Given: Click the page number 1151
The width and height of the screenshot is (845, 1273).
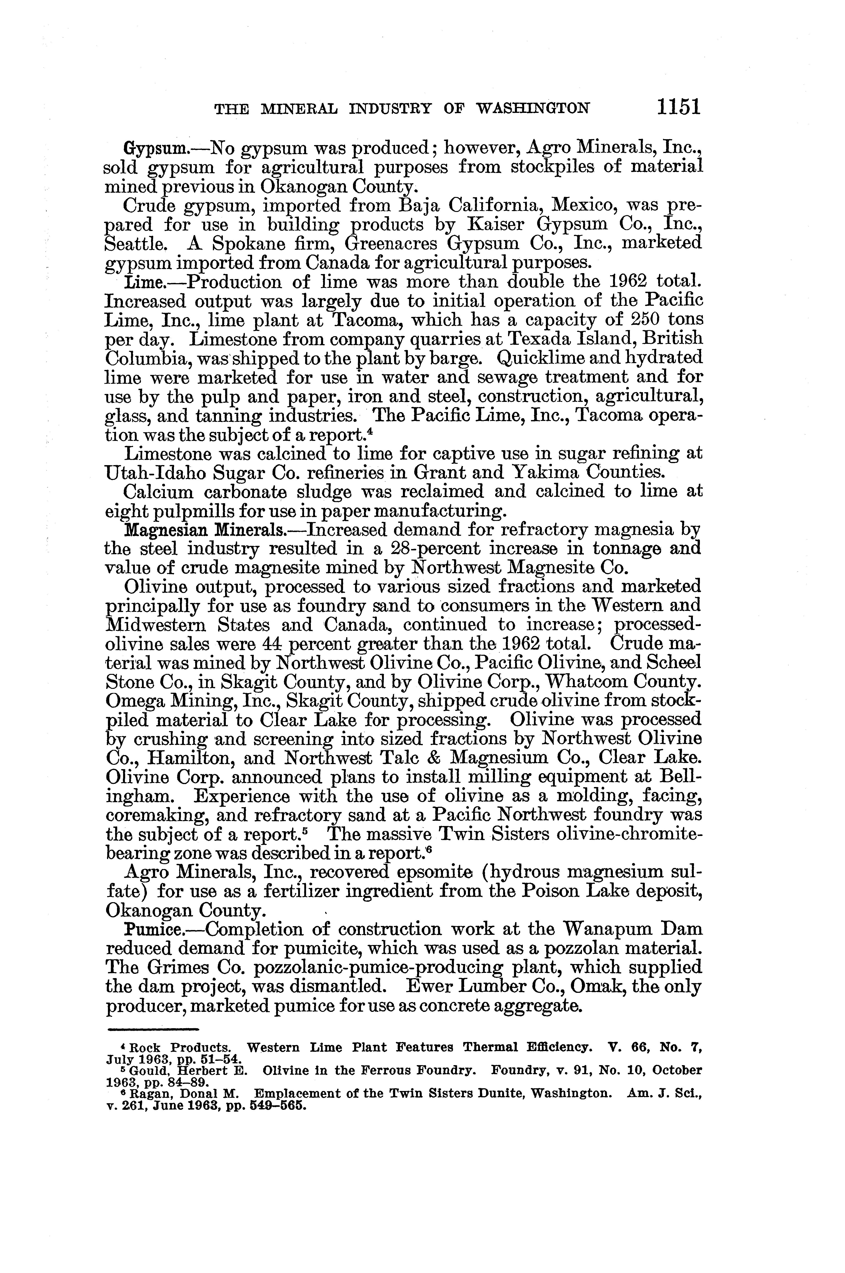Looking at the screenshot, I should tap(678, 106).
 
